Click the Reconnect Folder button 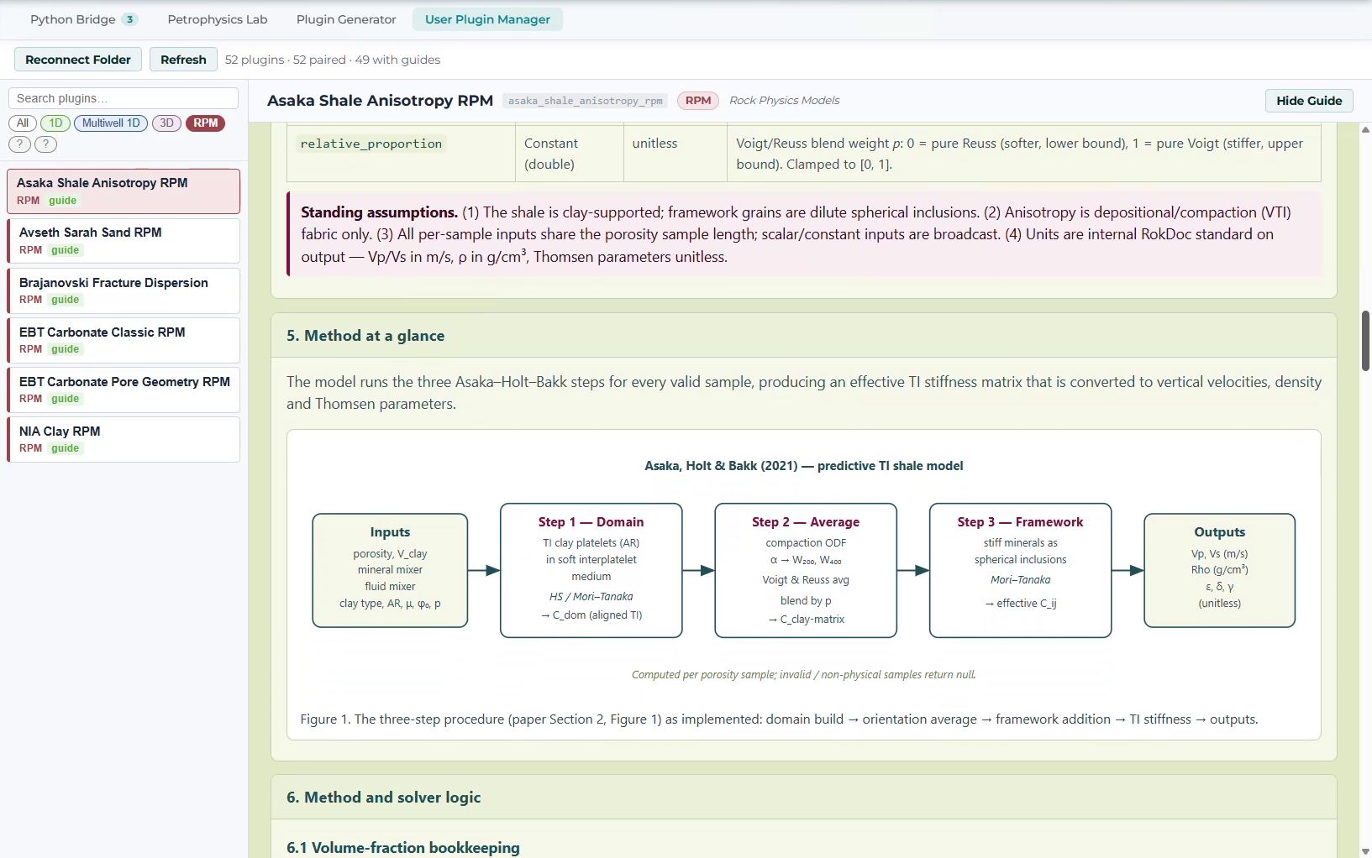pos(78,60)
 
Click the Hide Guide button pos(1309,101)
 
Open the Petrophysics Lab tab pos(218,19)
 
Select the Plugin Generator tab pos(346,19)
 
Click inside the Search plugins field pos(124,98)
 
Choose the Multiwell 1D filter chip pos(111,123)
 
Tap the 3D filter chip pos(166,123)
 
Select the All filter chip pos(23,123)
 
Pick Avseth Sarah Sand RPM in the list pos(124,240)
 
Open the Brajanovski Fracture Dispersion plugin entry pos(124,290)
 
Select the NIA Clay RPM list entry pos(124,439)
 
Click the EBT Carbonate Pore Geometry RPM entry pos(124,390)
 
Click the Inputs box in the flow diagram pos(390,570)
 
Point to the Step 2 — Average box pos(806,570)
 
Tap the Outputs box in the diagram pos(1219,570)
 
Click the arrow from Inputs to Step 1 pos(484,570)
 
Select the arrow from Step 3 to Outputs pos(1128,570)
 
